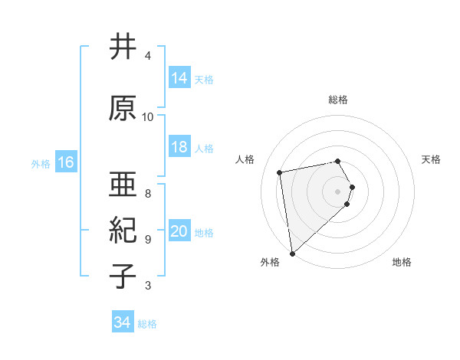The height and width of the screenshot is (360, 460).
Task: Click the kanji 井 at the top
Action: pyautogui.click(x=122, y=47)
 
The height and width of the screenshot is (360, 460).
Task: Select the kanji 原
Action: pyautogui.click(x=122, y=108)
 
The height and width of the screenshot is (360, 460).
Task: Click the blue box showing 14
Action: pyautogui.click(x=180, y=78)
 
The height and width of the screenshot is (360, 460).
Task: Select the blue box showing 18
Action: pyautogui.click(x=180, y=147)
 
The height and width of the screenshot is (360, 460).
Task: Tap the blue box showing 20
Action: pyautogui.click(x=180, y=232)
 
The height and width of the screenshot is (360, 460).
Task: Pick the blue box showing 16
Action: pyautogui.click(x=66, y=162)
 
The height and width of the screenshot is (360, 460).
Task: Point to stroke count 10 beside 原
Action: pyautogui.click(x=148, y=117)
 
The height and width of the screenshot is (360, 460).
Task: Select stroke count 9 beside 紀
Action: pyautogui.click(x=148, y=239)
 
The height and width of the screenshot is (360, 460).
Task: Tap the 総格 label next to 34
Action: pyautogui.click(x=147, y=324)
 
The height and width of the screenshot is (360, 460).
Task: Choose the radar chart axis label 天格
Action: pyautogui.click(x=432, y=159)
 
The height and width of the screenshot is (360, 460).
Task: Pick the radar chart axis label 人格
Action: pyautogui.click(x=245, y=159)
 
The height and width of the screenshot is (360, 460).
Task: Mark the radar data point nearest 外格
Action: pyautogui.click(x=292, y=253)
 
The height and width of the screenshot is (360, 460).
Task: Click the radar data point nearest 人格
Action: pyautogui.click(x=280, y=172)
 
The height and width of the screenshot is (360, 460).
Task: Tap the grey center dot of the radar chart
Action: pyautogui.click(x=338, y=191)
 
